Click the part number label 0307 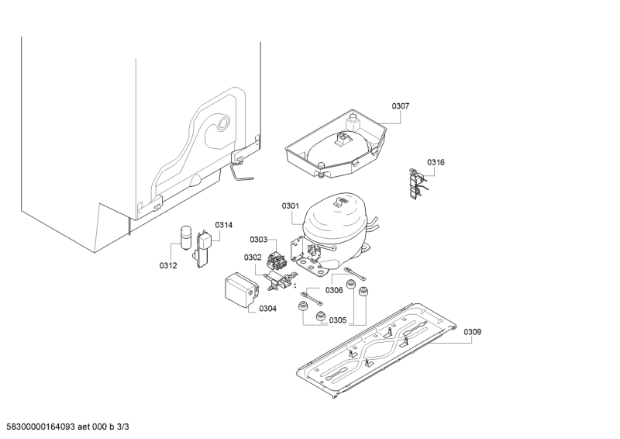click(401, 106)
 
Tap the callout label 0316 click(436, 162)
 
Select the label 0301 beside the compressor click(291, 206)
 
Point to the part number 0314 click(224, 225)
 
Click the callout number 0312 click(168, 265)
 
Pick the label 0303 click(259, 240)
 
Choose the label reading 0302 click(253, 258)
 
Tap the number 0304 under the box click(267, 309)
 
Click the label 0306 click(334, 291)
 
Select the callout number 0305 click(338, 320)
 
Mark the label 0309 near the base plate click(473, 332)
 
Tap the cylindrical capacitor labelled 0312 click(185, 237)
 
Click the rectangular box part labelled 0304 click(241, 290)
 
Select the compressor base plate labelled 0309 click(376, 351)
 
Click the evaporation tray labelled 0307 click(336, 144)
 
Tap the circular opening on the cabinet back click(223, 124)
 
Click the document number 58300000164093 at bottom click(41, 427)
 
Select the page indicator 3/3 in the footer click(124, 427)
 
